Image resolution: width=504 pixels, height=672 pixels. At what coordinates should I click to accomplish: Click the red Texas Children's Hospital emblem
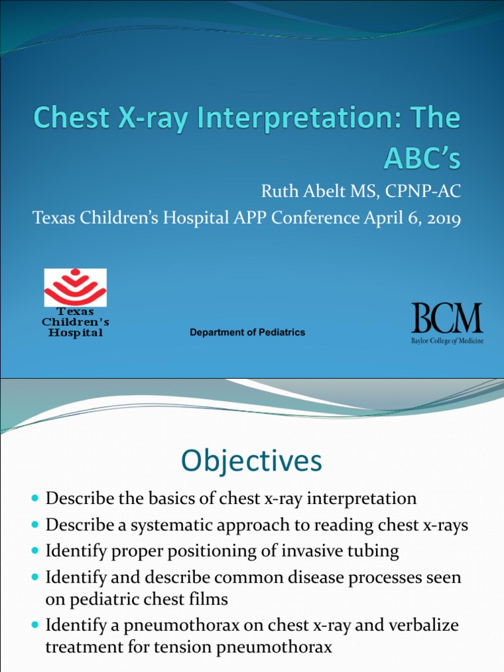75,287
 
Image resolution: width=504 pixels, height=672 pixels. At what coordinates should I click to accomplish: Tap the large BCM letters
447,318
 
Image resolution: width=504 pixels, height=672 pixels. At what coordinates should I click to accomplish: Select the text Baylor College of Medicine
448,341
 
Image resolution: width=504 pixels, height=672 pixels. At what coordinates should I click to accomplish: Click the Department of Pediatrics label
247,333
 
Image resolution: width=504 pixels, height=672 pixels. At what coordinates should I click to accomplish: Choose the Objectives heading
252,461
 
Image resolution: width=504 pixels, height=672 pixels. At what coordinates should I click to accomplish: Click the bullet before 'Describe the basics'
35,499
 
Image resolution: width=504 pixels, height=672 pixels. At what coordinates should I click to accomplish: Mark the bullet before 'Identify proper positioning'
35,552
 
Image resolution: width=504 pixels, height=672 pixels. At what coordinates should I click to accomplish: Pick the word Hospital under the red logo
73,333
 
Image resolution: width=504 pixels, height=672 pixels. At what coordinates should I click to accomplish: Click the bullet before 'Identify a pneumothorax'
35,625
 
